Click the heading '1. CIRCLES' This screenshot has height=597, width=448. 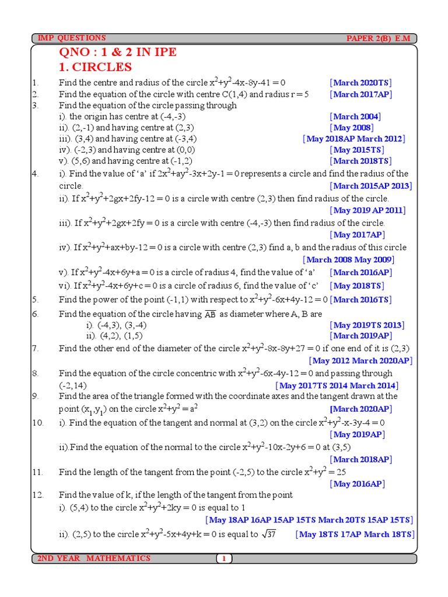pos(95,67)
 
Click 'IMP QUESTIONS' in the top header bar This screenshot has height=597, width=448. pos(72,38)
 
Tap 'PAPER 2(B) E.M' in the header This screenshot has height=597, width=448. pos(378,38)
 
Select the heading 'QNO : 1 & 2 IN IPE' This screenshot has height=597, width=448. pos(117,52)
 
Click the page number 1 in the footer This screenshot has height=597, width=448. pos(224,559)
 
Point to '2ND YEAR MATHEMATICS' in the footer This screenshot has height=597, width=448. pos(94,559)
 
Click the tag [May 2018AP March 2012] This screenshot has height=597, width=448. pos(353,139)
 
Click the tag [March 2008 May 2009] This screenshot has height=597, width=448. pos(348,259)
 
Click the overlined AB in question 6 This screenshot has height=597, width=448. pos(210,314)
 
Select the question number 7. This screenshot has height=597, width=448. pos(36,349)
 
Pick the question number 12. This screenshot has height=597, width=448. pos(38,495)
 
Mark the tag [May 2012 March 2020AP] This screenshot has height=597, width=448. pos(360,361)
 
